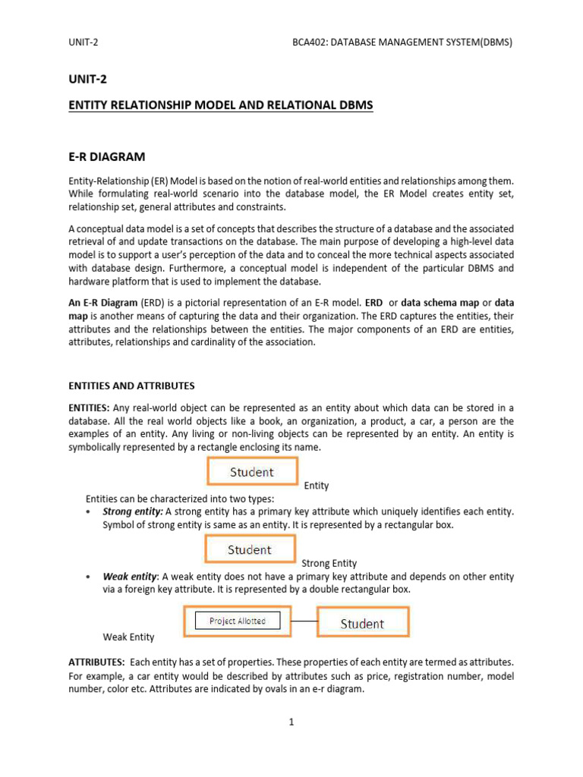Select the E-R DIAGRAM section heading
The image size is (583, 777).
click(x=106, y=157)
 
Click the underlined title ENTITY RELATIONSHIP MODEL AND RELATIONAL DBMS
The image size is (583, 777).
click(x=221, y=105)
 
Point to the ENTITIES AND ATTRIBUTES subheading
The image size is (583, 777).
click(x=131, y=386)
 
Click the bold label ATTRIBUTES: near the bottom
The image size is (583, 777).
click(x=96, y=662)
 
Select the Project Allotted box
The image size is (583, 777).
click(x=238, y=621)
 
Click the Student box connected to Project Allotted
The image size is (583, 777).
click(x=362, y=623)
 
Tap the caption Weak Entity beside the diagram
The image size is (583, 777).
click(x=128, y=637)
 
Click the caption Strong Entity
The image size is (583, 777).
click(x=329, y=563)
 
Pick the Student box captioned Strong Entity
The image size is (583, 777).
click(x=250, y=549)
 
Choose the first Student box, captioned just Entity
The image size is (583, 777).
click(x=251, y=472)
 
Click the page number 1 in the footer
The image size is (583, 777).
click(x=291, y=722)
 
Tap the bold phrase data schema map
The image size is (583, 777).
click(x=440, y=301)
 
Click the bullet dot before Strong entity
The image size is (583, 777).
click(x=90, y=512)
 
